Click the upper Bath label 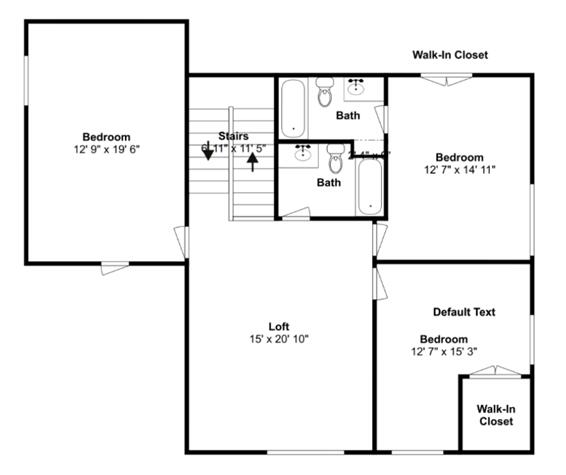tap(348, 115)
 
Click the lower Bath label tap(329, 182)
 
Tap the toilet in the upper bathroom tap(324, 94)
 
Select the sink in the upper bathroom tap(355, 86)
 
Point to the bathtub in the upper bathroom tap(292, 107)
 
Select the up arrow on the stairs tap(252, 160)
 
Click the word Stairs tap(233, 136)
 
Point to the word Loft tap(279, 326)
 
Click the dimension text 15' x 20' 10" tap(279, 339)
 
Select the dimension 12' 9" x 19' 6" tap(106, 150)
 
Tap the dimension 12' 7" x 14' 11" tap(460, 170)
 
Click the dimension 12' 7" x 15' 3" tap(444, 352)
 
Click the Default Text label tap(464, 312)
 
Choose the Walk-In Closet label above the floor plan tap(450, 55)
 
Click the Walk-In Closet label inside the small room tap(495, 415)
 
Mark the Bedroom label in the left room tap(106, 137)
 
